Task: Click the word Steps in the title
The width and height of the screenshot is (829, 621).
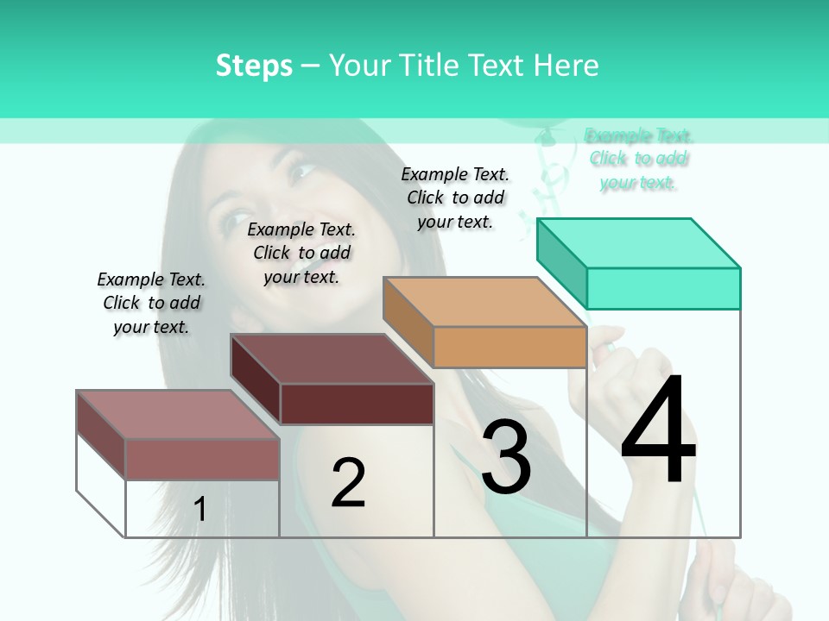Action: (254, 66)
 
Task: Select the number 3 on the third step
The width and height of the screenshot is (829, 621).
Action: (506, 457)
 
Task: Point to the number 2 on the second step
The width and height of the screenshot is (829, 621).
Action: (349, 483)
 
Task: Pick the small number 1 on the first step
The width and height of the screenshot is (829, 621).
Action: (200, 510)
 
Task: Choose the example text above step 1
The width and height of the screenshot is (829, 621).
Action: (151, 303)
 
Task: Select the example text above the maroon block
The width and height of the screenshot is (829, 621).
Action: (301, 253)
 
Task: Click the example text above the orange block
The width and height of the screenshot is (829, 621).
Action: (455, 198)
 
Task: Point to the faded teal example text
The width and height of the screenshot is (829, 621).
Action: (638, 159)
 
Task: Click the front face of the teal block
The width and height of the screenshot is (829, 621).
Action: (663, 288)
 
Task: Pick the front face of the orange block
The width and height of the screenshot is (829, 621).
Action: (509, 347)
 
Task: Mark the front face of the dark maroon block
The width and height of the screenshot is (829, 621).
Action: (357, 404)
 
